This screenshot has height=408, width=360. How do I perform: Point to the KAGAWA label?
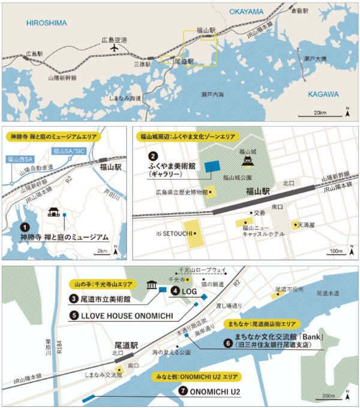pyautogui.click(x=323, y=94)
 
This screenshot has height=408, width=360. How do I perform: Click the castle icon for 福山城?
pyautogui.click(x=248, y=162)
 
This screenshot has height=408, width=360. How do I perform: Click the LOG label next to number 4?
pyautogui.click(x=187, y=290)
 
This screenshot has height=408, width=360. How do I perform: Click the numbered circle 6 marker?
pyautogui.click(x=227, y=343)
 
